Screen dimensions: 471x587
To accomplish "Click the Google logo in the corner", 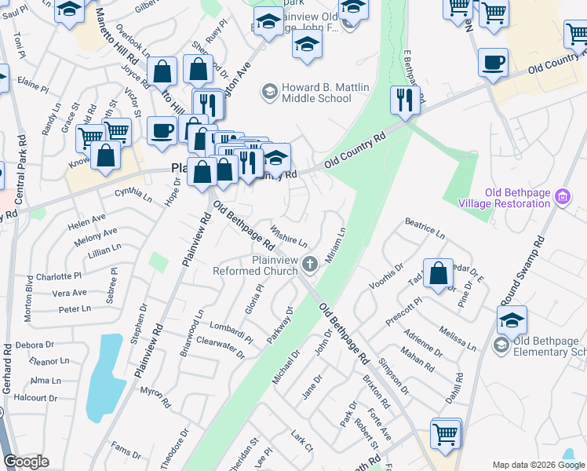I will (26, 462).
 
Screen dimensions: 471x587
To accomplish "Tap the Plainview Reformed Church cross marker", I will (311, 264).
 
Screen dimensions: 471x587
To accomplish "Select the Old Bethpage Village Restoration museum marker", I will (562, 196).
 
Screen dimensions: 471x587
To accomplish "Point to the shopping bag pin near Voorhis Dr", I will (439, 273).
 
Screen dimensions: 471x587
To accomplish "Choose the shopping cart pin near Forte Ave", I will (446, 433).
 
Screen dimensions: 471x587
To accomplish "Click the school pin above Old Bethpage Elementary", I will (512, 319).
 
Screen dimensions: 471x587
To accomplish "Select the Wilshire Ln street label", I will (289, 235).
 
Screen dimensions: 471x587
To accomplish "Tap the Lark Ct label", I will (301, 442).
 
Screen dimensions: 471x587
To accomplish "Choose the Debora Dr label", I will (34, 345).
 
